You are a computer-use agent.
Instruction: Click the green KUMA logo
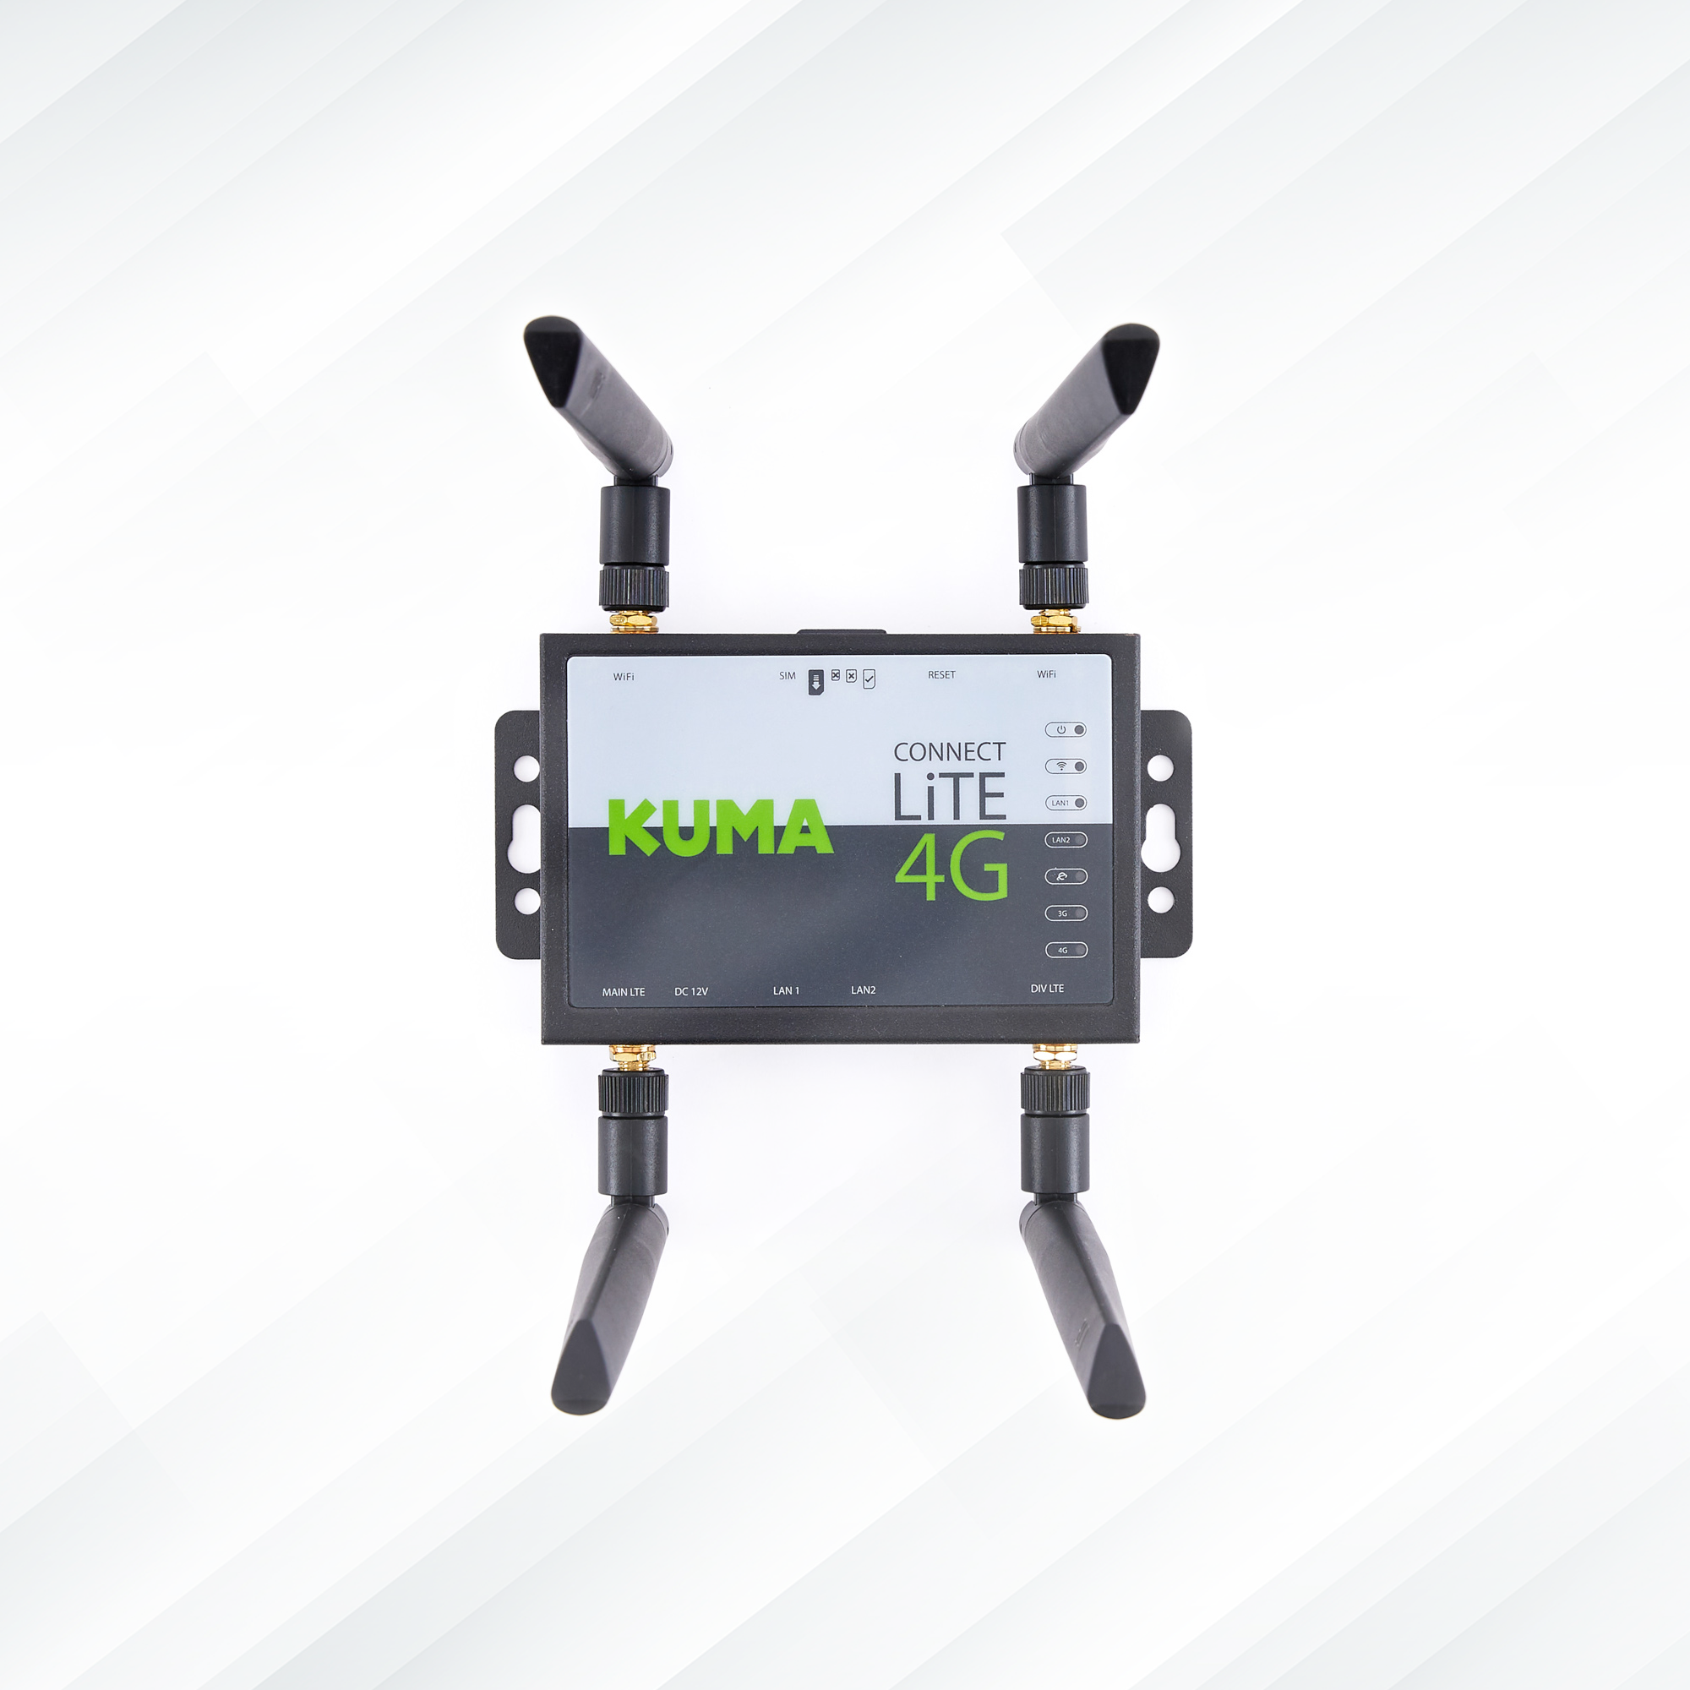coord(720,826)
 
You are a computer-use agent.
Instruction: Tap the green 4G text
coord(951,866)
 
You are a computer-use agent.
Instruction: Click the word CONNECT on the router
coord(949,752)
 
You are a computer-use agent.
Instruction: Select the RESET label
coord(941,675)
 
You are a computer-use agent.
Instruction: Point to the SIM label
coord(788,676)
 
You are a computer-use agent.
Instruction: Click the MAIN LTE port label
coord(623,992)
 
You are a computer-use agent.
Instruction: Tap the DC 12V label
coord(691,992)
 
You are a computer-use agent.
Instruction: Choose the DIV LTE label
coord(1047,989)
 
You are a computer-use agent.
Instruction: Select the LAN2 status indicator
coord(1066,840)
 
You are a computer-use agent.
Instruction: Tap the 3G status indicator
coord(1066,913)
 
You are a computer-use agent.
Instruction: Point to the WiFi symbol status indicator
coord(1066,766)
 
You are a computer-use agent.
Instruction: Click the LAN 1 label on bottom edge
coord(786,991)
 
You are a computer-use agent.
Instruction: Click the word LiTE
coord(949,796)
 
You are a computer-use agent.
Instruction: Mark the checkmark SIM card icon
coord(869,679)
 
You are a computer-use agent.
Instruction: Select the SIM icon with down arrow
coord(815,681)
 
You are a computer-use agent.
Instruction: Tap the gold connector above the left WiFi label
coord(633,622)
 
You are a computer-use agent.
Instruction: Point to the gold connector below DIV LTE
coord(1055,1055)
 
